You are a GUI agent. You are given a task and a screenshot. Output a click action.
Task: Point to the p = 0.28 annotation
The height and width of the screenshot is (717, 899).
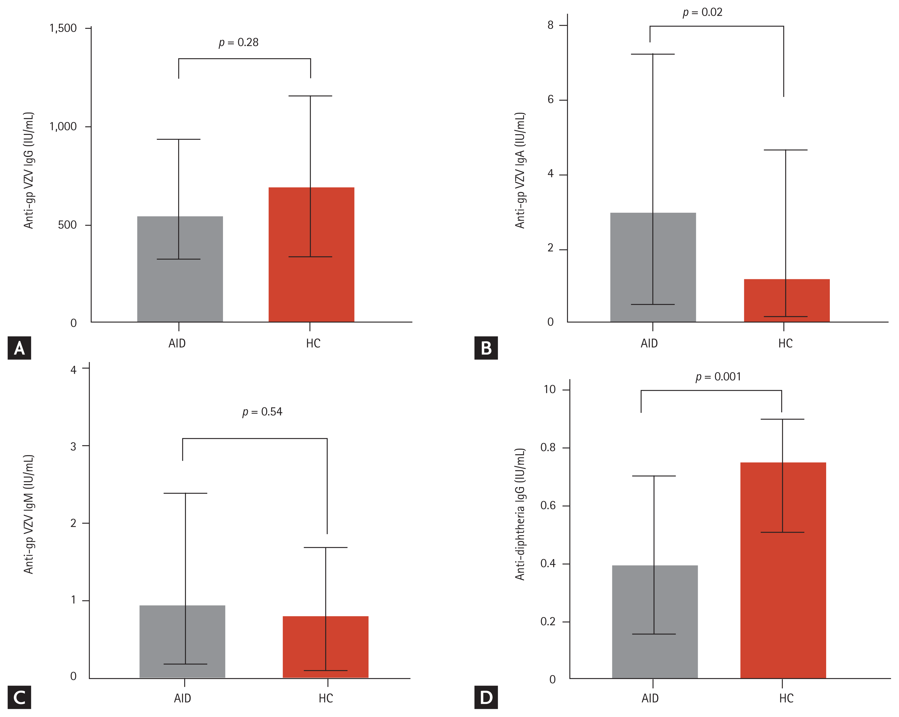[238, 42]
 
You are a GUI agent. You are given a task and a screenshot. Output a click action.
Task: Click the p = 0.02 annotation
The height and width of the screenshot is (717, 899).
[702, 13]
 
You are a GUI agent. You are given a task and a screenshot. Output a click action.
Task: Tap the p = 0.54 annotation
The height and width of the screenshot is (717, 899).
[262, 412]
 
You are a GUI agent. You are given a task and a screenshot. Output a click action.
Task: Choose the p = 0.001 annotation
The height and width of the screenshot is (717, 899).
[718, 377]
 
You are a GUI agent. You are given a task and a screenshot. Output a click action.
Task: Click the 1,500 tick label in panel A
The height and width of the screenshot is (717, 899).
[63, 28]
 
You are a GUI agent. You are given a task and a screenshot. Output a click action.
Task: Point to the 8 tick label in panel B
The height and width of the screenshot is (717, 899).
[551, 25]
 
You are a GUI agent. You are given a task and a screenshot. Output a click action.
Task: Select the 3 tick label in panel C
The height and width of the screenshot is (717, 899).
[73, 446]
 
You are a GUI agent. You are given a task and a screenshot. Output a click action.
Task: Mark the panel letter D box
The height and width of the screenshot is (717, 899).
[486, 697]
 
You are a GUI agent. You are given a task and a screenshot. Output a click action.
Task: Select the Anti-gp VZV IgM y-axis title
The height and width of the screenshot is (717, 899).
[28, 514]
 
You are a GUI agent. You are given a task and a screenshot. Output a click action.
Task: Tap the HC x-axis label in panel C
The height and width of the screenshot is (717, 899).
[326, 698]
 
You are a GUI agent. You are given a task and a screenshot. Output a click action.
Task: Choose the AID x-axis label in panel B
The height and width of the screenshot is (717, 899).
[649, 343]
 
